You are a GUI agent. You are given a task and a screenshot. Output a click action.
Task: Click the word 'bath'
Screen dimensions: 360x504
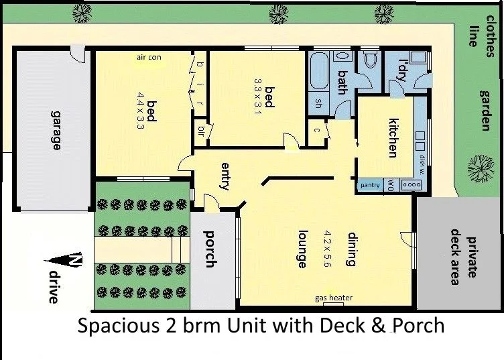[x=342, y=82]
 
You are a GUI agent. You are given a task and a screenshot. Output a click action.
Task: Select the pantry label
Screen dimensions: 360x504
[x=370, y=185]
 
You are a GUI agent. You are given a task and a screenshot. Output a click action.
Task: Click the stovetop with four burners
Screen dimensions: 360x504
[x=409, y=185]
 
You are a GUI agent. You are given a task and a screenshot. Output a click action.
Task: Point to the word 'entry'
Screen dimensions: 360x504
[x=225, y=176]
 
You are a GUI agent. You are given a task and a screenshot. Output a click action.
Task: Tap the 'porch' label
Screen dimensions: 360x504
[x=209, y=249]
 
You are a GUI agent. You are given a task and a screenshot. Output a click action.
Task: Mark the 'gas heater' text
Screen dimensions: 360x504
[x=333, y=298]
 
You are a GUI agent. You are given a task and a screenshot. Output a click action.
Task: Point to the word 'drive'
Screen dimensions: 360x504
[x=54, y=287]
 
